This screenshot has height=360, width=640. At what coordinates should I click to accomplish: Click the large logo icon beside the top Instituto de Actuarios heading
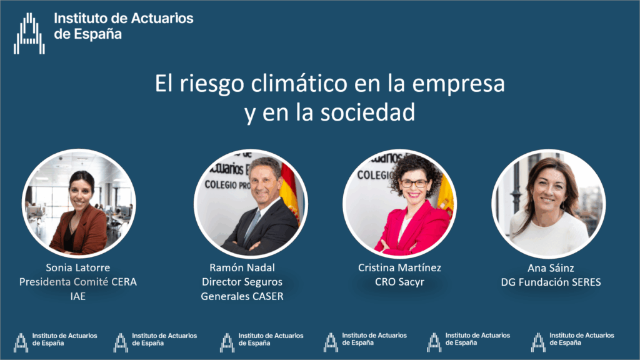tap(29, 34)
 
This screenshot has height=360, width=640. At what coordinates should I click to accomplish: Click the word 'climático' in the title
tap(299, 83)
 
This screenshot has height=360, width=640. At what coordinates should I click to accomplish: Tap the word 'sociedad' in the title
tap(367, 112)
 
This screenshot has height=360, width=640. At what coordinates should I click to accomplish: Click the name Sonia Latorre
tap(78, 267)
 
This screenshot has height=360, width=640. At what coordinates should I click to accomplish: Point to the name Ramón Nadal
tap(242, 267)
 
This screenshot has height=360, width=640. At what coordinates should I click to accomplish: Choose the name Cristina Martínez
tap(399, 267)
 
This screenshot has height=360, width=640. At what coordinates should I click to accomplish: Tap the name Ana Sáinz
tap(551, 268)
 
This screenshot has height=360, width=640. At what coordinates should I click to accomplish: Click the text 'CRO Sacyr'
tap(399, 282)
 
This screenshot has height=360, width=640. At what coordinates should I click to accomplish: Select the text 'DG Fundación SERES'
tap(551, 282)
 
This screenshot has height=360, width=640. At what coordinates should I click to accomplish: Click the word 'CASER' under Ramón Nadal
tap(268, 296)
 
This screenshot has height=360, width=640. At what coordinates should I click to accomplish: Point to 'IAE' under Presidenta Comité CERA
tap(78, 296)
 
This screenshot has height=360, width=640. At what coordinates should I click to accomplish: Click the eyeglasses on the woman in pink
tap(413, 184)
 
